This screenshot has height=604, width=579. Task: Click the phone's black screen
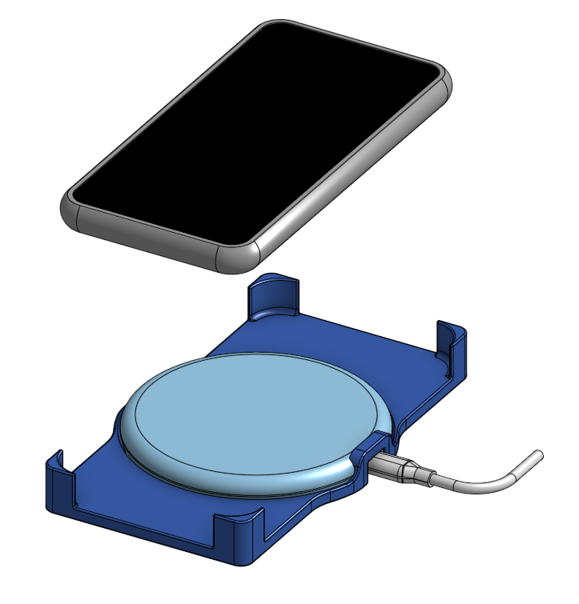256,128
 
